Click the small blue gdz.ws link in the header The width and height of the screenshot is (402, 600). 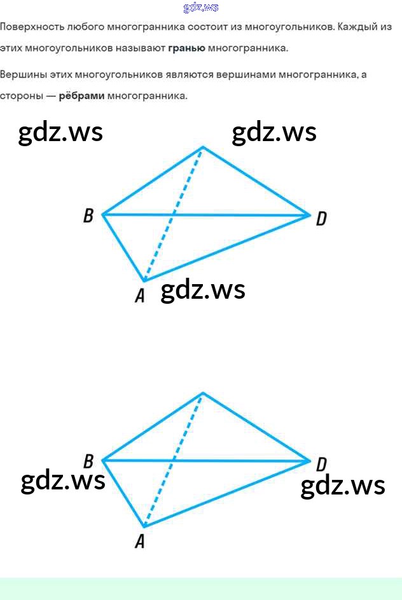(x=200, y=8)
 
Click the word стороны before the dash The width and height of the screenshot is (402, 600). (x=23, y=97)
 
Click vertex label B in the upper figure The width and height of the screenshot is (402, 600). (x=88, y=216)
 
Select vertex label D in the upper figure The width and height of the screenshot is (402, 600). (x=321, y=219)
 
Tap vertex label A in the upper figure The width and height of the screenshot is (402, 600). (x=139, y=296)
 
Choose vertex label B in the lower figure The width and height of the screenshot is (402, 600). (x=88, y=461)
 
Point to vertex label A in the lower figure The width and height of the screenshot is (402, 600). (x=139, y=541)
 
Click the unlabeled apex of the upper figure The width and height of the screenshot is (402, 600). (x=203, y=147)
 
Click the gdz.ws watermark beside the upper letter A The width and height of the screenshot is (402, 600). (x=203, y=290)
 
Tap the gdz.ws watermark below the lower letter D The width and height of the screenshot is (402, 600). (x=342, y=486)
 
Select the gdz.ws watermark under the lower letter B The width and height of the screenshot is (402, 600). (x=63, y=481)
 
